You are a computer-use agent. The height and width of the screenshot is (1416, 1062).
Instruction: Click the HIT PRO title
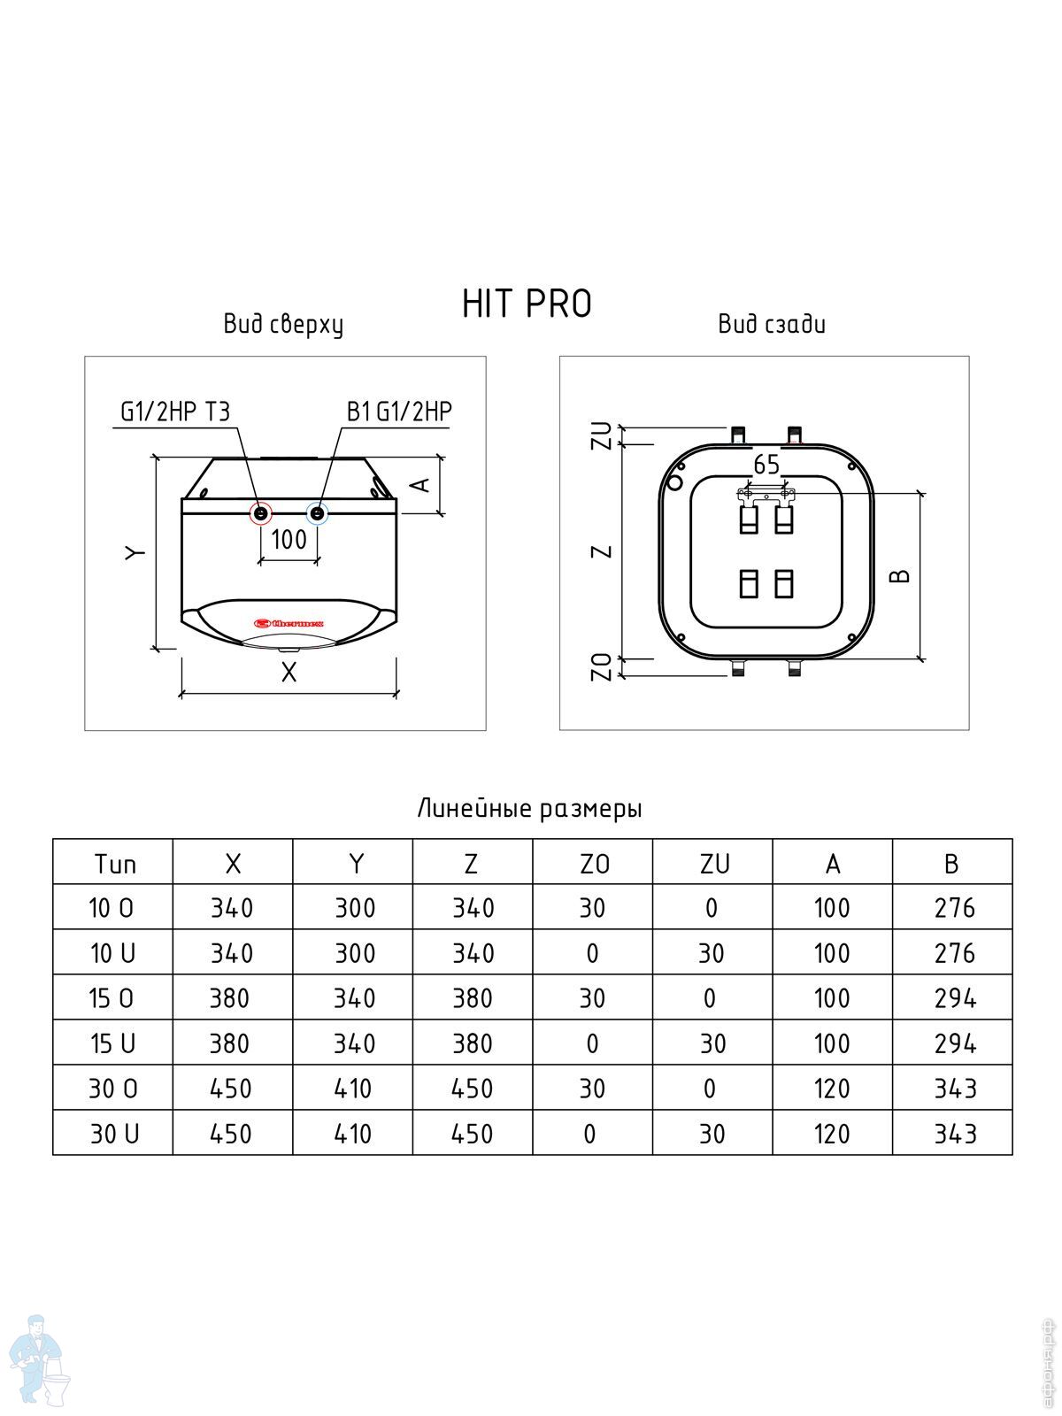click(527, 304)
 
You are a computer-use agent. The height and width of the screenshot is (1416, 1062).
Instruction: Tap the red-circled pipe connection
click(260, 513)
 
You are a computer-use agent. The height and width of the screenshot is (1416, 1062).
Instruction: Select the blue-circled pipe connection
click(317, 513)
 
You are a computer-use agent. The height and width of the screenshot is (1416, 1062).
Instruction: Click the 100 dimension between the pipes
click(289, 539)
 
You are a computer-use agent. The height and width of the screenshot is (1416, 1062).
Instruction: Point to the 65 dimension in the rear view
click(766, 465)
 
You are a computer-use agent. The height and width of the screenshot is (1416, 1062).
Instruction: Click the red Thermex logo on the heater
click(289, 623)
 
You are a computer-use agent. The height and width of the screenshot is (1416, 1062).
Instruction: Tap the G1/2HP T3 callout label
click(175, 412)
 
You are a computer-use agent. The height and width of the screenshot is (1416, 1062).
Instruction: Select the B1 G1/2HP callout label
click(399, 412)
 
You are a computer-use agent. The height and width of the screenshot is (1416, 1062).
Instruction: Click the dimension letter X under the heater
click(289, 673)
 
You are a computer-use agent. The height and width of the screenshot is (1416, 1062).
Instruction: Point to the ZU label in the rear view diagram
click(602, 435)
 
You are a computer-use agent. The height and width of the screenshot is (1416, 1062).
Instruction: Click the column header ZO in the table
click(594, 864)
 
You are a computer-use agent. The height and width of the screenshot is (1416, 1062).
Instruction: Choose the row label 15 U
click(113, 1043)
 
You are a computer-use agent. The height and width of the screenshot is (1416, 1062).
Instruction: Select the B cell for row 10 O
click(955, 908)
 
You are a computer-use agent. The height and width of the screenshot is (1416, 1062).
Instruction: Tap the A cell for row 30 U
click(832, 1134)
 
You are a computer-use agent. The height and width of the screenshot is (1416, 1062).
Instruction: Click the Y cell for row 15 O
click(354, 998)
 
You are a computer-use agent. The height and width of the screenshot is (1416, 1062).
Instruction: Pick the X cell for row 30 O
click(230, 1089)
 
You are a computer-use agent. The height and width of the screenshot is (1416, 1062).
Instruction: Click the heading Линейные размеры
click(529, 808)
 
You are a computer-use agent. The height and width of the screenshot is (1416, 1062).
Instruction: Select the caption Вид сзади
click(772, 324)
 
